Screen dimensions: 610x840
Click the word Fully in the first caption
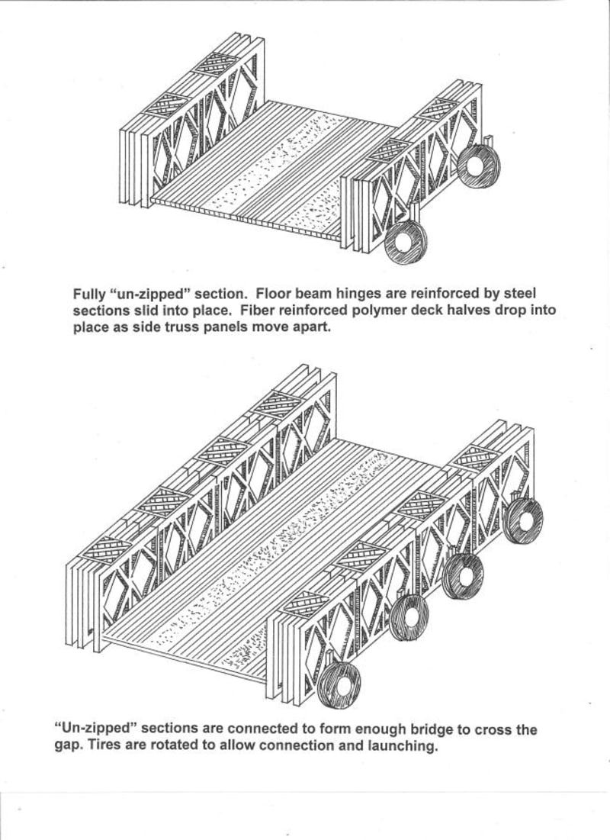click(x=89, y=293)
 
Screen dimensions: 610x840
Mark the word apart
click(x=310, y=329)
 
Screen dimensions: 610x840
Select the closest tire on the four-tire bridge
click(x=339, y=686)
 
